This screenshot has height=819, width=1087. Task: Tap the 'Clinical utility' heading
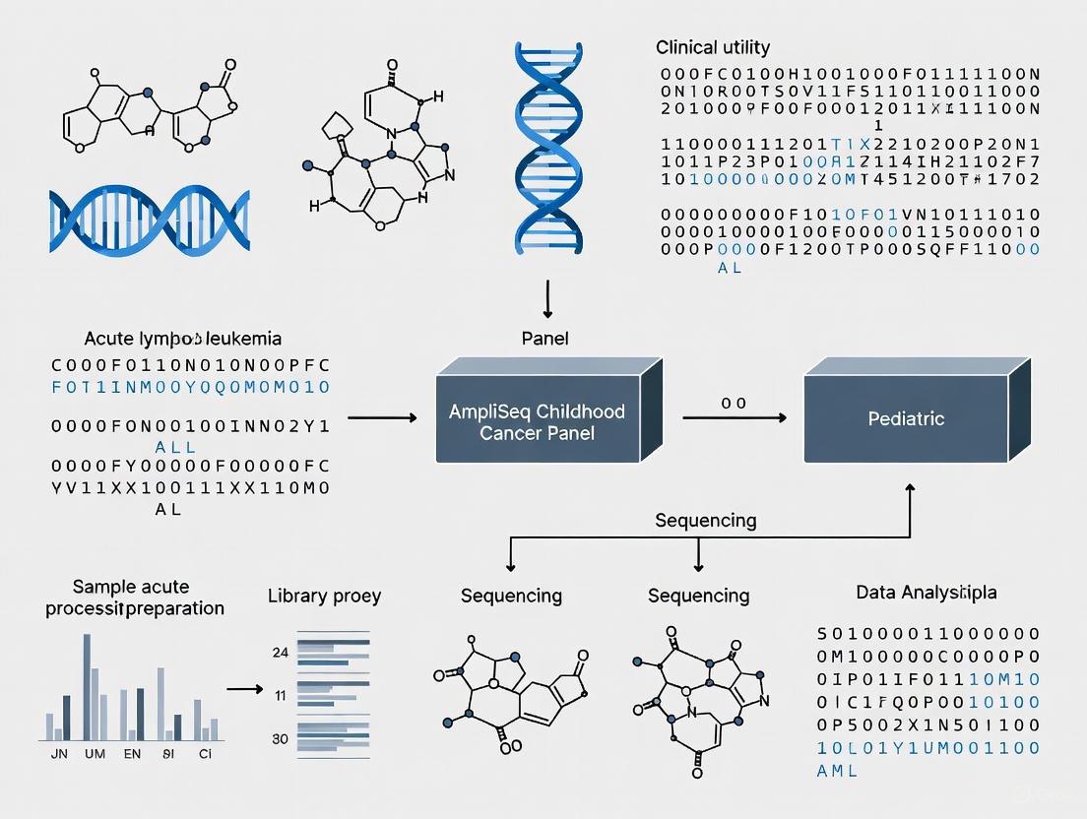pos(713,47)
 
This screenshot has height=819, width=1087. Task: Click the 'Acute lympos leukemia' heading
pos(183,339)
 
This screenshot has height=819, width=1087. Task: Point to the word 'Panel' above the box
pos(544,339)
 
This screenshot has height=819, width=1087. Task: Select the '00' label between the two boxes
pos(734,403)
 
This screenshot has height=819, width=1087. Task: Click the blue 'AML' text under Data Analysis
pos(837,771)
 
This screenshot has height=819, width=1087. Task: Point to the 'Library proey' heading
pos(324,596)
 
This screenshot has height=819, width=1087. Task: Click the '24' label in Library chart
pos(280,652)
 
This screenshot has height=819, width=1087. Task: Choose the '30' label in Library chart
pos(280,739)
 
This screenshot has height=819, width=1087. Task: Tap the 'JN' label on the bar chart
pos(57,756)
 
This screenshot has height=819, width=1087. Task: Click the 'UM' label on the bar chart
pos(96,756)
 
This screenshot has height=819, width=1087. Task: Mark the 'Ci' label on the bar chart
pos(206,756)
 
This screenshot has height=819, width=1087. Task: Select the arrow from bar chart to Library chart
pos(246,688)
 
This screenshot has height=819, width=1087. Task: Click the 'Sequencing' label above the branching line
pos(706,520)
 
